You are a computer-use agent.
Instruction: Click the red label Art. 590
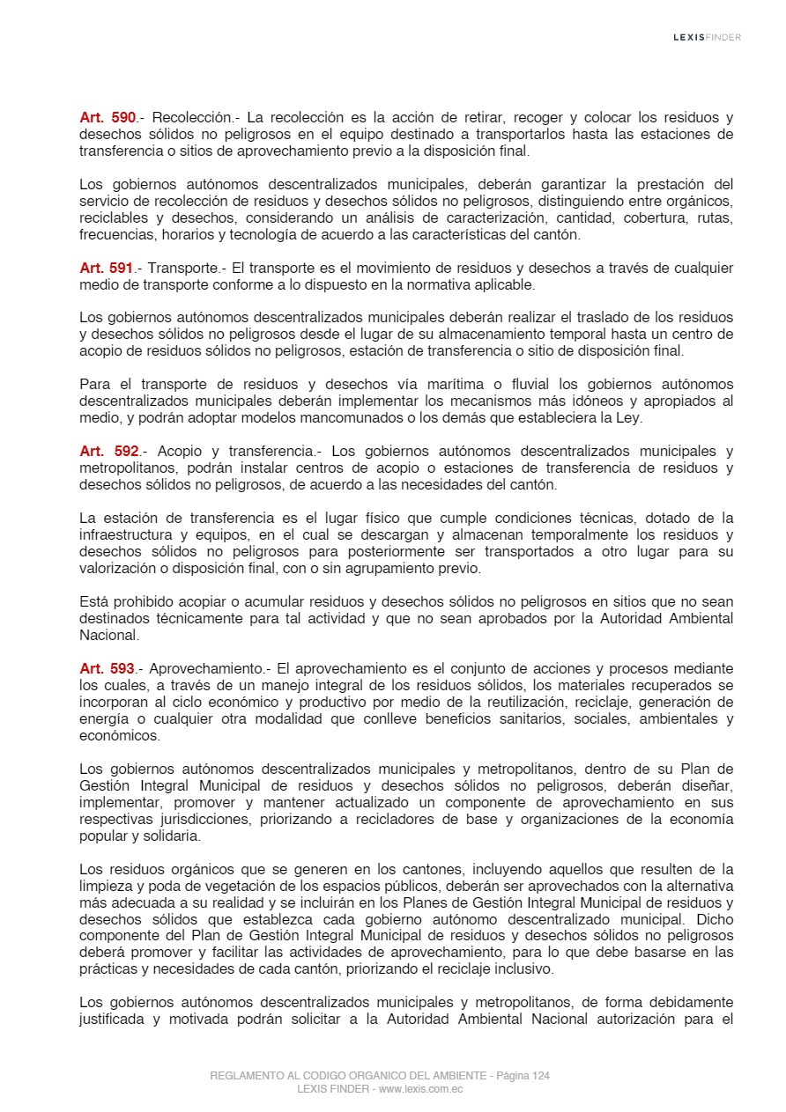(x=108, y=117)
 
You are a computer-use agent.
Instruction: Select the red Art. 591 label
(x=106, y=268)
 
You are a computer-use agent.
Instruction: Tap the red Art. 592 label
(x=108, y=452)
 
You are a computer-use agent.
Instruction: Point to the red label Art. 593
(x=107, y=668)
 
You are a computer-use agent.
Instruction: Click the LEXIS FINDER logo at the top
(x=707, y=38)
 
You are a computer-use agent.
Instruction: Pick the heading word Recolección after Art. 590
(x=194, y=117)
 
